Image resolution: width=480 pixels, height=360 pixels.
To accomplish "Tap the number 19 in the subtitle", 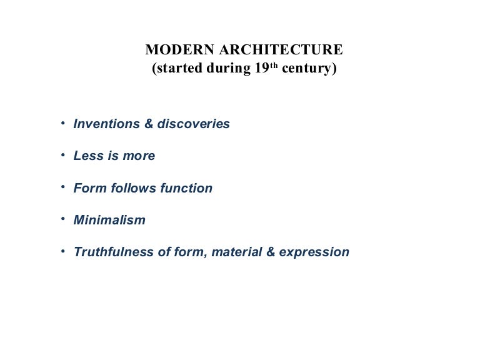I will pyautogui.click(x=261, y=69).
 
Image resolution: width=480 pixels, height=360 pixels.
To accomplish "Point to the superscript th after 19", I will pyautogui.click(x=274, y=66).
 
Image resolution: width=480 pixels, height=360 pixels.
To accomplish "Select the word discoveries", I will pyautogui.click(x=194, y=124).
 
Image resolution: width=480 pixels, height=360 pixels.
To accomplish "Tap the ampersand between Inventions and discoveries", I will pyautogui.click(x=149, y=124).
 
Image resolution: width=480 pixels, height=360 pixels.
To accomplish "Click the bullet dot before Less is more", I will pyautogui.click(x=63, y=154).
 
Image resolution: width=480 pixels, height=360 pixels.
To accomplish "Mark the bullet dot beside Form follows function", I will pyautogui.click(x=63, y=186).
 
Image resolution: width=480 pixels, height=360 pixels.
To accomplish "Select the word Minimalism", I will pyautogui.click(x=109, y=220).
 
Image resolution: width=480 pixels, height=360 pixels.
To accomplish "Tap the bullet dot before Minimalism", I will pyautogui.click(x=63, y=218).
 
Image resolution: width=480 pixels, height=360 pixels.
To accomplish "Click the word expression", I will pyautogui.click(x=314, y=252).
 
